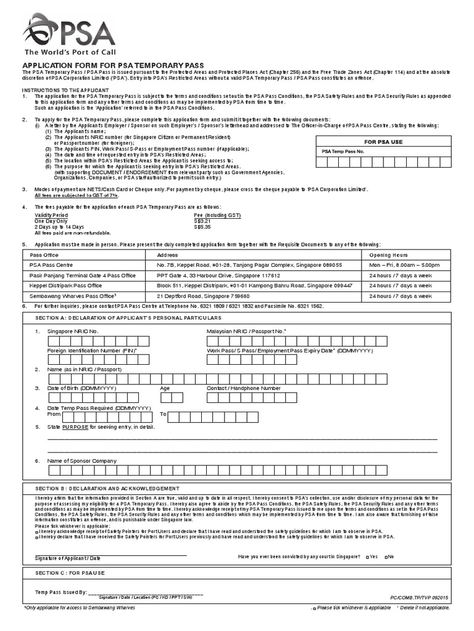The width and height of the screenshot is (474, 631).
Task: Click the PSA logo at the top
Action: coord(69,34)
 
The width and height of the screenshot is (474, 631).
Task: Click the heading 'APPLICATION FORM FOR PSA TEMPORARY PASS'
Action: coord(114,66)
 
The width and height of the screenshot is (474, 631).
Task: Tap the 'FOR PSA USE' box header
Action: coord(383,142)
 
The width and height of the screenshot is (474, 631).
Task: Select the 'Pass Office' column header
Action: coord(44,254)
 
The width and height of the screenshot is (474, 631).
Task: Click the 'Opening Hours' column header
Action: coord(388,254)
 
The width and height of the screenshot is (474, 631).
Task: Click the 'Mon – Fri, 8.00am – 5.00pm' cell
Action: coord(404,265)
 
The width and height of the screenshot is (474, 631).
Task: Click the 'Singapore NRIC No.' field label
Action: coord(73,331)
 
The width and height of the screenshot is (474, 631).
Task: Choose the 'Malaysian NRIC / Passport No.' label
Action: coord(246,331)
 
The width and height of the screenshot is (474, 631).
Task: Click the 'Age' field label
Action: coord(165,388)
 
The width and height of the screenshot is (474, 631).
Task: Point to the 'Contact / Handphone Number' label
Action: coord(243,388)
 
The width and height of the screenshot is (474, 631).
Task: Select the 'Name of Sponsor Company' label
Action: coord(81,460)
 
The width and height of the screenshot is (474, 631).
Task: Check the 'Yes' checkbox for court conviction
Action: coord(368,557)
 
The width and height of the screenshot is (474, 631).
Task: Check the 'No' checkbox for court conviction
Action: coord(386,557)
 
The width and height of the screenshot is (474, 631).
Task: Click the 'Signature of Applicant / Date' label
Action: coord(68,558)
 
